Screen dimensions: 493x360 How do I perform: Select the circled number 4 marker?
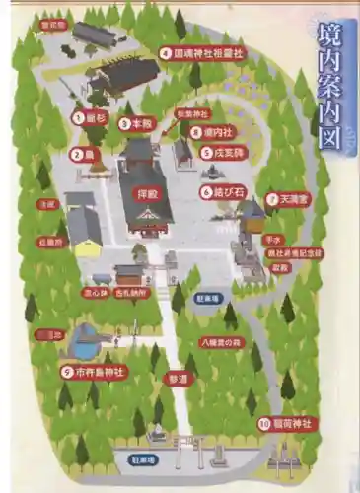[x=166, y=53]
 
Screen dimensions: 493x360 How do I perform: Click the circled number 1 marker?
[x=78, y=116]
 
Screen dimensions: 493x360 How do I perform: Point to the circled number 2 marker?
[x=77, y=153]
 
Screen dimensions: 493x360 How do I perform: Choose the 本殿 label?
[x=146, y=124]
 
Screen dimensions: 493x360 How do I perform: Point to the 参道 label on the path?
[x=178, y=378]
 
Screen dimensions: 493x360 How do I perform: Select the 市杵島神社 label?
[x=100, y=372]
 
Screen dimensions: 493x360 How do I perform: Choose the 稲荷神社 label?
[x=293, y=424]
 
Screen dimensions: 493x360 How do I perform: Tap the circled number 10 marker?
[x=265, y=424]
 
